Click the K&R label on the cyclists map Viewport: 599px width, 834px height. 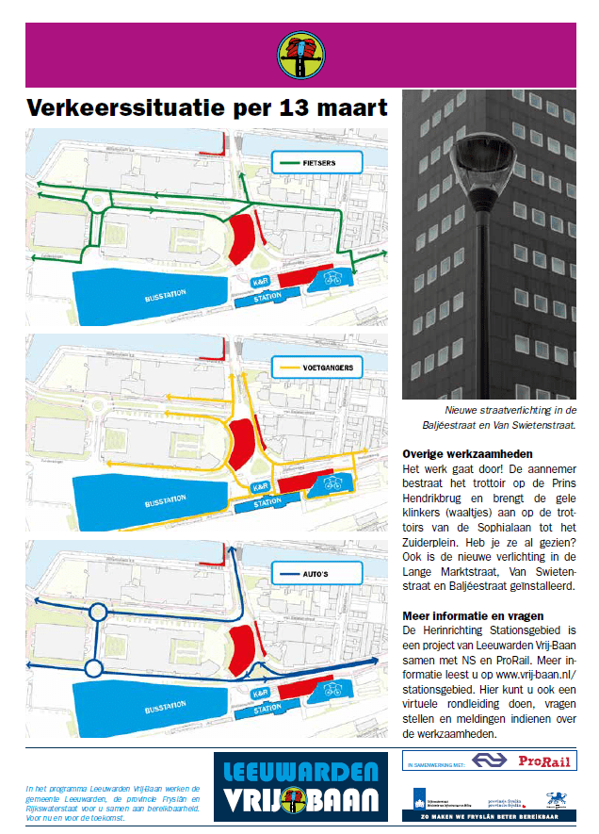(259, 283)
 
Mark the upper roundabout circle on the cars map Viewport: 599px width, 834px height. (99, 613)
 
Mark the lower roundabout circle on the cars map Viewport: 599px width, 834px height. (92, 669)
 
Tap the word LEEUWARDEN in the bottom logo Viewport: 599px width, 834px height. (299, 769)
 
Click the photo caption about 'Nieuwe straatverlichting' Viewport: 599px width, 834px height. (510, 417)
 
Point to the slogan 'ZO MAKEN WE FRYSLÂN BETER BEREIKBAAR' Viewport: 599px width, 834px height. (499, 816)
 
